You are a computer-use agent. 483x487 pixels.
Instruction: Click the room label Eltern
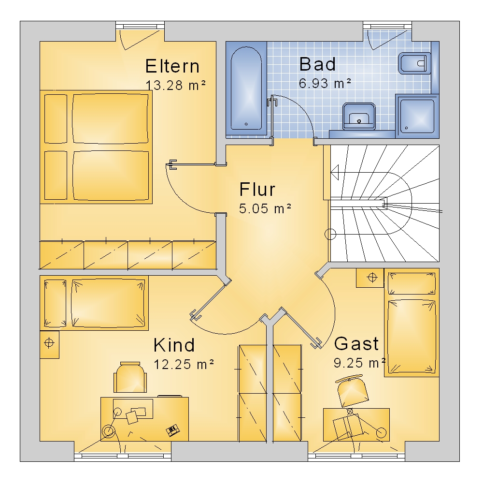pos(172,66)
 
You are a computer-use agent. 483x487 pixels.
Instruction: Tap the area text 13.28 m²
pos(176,85)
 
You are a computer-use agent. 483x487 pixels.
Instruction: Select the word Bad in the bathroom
pos(317,64)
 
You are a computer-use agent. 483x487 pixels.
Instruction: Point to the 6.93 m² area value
pos(325,83)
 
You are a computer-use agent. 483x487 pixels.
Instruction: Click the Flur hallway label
pos(257,189)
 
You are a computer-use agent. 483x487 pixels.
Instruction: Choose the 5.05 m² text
pos(265,208)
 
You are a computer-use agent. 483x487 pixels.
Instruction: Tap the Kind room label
pos(174,345)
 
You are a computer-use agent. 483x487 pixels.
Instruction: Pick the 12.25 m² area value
pos(184,364)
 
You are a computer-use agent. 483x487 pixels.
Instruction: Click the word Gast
pos(356,343)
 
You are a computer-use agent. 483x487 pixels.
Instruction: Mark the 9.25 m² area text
pos(359,363)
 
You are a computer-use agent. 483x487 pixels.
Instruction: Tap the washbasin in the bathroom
pos(359,116)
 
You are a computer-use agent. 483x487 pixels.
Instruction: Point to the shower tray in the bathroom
pos(417,116)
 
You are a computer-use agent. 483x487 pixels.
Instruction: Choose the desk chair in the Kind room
pos(130,377)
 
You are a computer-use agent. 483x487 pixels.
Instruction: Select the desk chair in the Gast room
pos(353,391)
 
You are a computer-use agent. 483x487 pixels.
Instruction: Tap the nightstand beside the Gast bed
pos(370,278)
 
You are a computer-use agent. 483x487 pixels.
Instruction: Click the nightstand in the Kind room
pos(49,345)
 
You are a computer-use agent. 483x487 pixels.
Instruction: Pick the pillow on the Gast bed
pos(412,283)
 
